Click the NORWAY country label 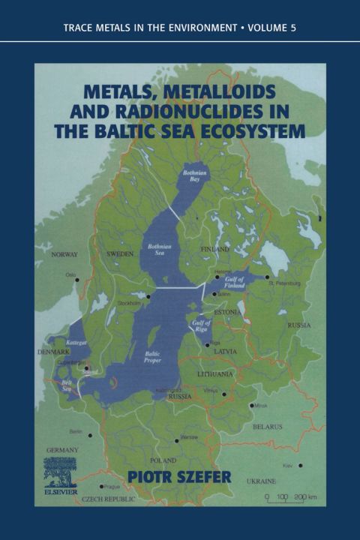coord(64,255)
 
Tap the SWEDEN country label coord(121,254)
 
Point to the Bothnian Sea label coord(160,248)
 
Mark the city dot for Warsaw coord(177,440)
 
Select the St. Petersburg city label coord(286,283)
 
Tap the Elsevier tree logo coord(59,472)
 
